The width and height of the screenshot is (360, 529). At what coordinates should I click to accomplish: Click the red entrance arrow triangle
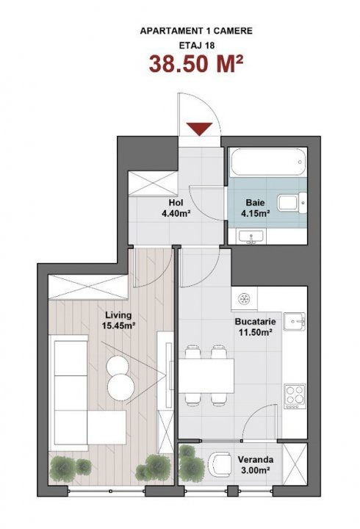(200, 129)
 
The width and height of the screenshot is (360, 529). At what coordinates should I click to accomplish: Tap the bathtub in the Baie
(268, 162)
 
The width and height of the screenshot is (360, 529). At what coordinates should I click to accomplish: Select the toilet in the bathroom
(292, 204)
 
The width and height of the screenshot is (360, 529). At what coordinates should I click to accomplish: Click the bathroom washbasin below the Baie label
(251, 236)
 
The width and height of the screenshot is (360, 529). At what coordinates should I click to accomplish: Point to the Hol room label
(176, 203)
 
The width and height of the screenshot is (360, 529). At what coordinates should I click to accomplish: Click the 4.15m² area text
(256, 213)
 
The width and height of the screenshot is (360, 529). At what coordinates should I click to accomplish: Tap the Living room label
(118, 315)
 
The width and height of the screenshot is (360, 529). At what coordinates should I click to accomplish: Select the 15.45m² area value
(119, 325)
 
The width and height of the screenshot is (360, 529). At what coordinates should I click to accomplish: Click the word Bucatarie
(256, 322)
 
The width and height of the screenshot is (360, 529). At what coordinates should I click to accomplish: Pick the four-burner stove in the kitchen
(295, 396)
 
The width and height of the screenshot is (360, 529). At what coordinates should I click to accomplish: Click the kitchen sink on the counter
(295, 322)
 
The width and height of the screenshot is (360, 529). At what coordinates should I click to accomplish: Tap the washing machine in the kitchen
(244, 298)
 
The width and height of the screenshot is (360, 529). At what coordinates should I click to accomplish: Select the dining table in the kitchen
(206, 376)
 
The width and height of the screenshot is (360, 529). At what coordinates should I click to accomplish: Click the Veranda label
(256, 459)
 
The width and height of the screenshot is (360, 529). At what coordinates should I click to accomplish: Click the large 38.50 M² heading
(196, 64)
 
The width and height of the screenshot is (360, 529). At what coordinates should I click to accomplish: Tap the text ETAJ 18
(196, 46)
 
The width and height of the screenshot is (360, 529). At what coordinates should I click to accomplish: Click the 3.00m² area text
(255, 470)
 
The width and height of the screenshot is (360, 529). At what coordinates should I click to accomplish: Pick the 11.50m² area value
(256, 332)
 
